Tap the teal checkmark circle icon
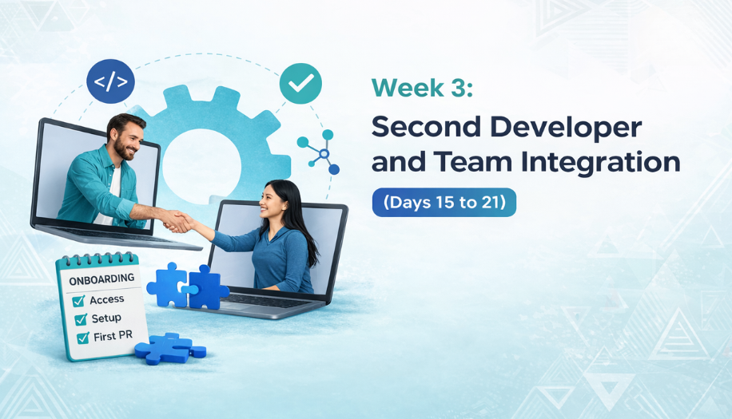coord(300,84)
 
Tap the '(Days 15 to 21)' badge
coord(444,202)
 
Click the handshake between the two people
coord(178,220)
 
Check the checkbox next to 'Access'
coord(78,301)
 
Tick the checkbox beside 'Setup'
coord(81,319)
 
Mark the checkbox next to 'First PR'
coord(83,338)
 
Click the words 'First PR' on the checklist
coord(113,336)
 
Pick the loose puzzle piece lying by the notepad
coord(170,348)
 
